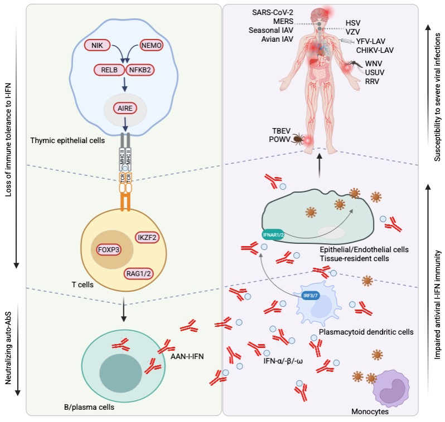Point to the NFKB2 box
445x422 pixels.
(x=143, y=71)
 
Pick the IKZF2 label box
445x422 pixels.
(x=147, y=237)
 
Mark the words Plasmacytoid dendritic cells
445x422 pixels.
(x=366, y=332)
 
